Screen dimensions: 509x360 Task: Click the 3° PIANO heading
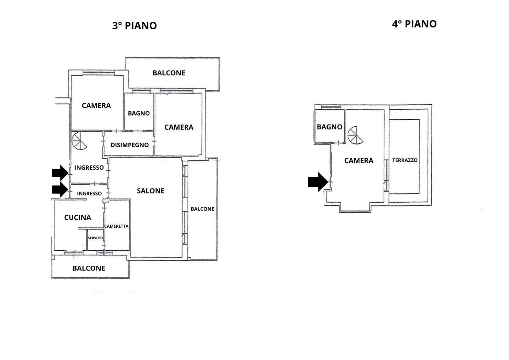(135, 26)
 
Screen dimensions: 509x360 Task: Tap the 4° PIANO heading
(414, 24)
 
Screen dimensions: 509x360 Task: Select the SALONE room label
(151, 191)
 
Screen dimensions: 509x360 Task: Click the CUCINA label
(78, 218)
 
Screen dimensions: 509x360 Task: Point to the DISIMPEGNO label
(130, 145)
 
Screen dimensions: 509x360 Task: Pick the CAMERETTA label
(116, 226)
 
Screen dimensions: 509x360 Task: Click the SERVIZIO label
(96, 238)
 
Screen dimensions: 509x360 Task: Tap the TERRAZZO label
(405, 160)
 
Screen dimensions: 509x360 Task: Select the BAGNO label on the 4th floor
(330, 127)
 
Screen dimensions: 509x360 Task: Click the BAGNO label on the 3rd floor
(139, 113)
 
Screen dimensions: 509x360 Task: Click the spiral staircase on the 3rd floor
(79, 141)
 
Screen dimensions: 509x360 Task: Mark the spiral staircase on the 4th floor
(355, 135)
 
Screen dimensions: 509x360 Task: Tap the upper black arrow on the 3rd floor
(60, 173)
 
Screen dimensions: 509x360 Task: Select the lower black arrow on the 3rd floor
(60, 190)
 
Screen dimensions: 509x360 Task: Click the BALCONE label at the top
(169, 73)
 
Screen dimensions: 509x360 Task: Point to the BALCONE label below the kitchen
(89, 268)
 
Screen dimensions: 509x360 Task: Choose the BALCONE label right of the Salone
(202, 209)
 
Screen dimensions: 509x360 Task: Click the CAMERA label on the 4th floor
(359, 160)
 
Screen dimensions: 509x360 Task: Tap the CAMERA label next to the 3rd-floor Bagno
(179, 127)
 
